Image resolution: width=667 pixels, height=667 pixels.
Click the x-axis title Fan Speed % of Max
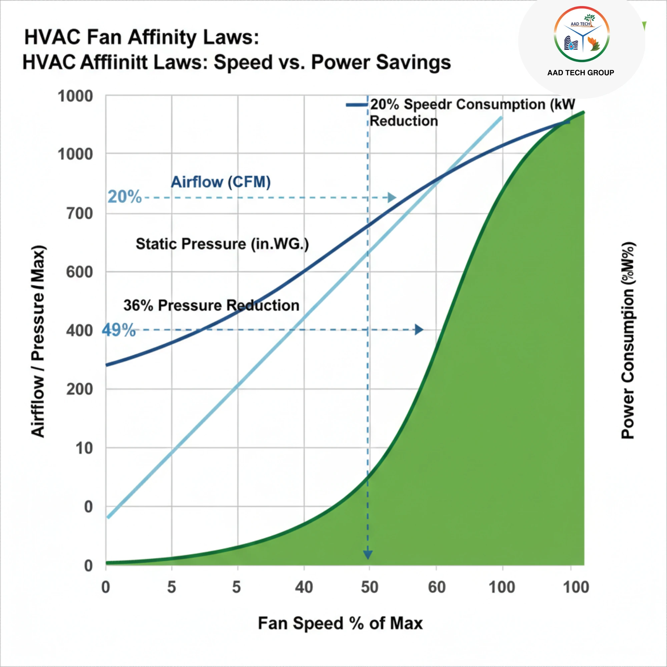(x=340, y=623)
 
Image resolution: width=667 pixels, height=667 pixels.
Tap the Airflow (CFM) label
(x=221, y=182)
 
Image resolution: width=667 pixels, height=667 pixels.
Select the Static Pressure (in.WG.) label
(x=222, y=244)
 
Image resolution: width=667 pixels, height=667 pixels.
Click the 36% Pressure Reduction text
(x=211, y=305)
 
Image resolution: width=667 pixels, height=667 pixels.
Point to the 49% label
(x=118, y=330)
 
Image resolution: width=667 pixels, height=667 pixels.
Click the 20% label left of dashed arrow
(x=124, y=197)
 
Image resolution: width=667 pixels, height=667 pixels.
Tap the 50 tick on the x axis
(x=370, y=587)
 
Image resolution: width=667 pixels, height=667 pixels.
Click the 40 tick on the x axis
(x=304, y=587)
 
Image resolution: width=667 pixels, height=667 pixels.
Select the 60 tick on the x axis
(x=437, y=587)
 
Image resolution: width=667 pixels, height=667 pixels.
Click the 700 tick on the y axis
(x=80, y=213)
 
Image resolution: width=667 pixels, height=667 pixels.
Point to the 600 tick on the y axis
(x=80, y=272)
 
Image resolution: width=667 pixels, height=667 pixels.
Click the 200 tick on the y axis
(x=80, y=390)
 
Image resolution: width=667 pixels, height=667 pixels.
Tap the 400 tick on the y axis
(x=80, y=331)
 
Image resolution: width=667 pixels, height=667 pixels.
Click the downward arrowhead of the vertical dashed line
(x=368, y=554)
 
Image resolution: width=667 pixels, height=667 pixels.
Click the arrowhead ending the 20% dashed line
(x=392, y=197)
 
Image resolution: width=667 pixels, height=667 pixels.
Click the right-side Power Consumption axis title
(x=628, y=340)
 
